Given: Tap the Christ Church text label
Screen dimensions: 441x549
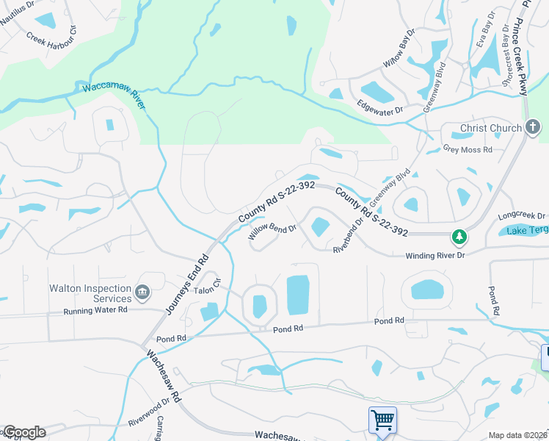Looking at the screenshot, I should coord(490,129).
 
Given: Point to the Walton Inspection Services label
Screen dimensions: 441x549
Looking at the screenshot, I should coord(90,294).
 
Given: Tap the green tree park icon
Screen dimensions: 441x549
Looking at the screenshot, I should coord(459,237).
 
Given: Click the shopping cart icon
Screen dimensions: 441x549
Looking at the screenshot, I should coord(382,420).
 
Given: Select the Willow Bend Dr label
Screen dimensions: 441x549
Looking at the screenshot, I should coord(272,232).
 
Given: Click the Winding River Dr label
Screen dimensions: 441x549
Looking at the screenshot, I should coord(435,255).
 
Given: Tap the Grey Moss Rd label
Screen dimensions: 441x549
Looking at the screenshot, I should coord(468,148).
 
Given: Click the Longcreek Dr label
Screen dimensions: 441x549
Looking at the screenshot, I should coord(522,216).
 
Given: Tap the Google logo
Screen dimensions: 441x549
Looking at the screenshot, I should coord(23,432).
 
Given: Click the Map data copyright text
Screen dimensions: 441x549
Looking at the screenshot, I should coord(517,435).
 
